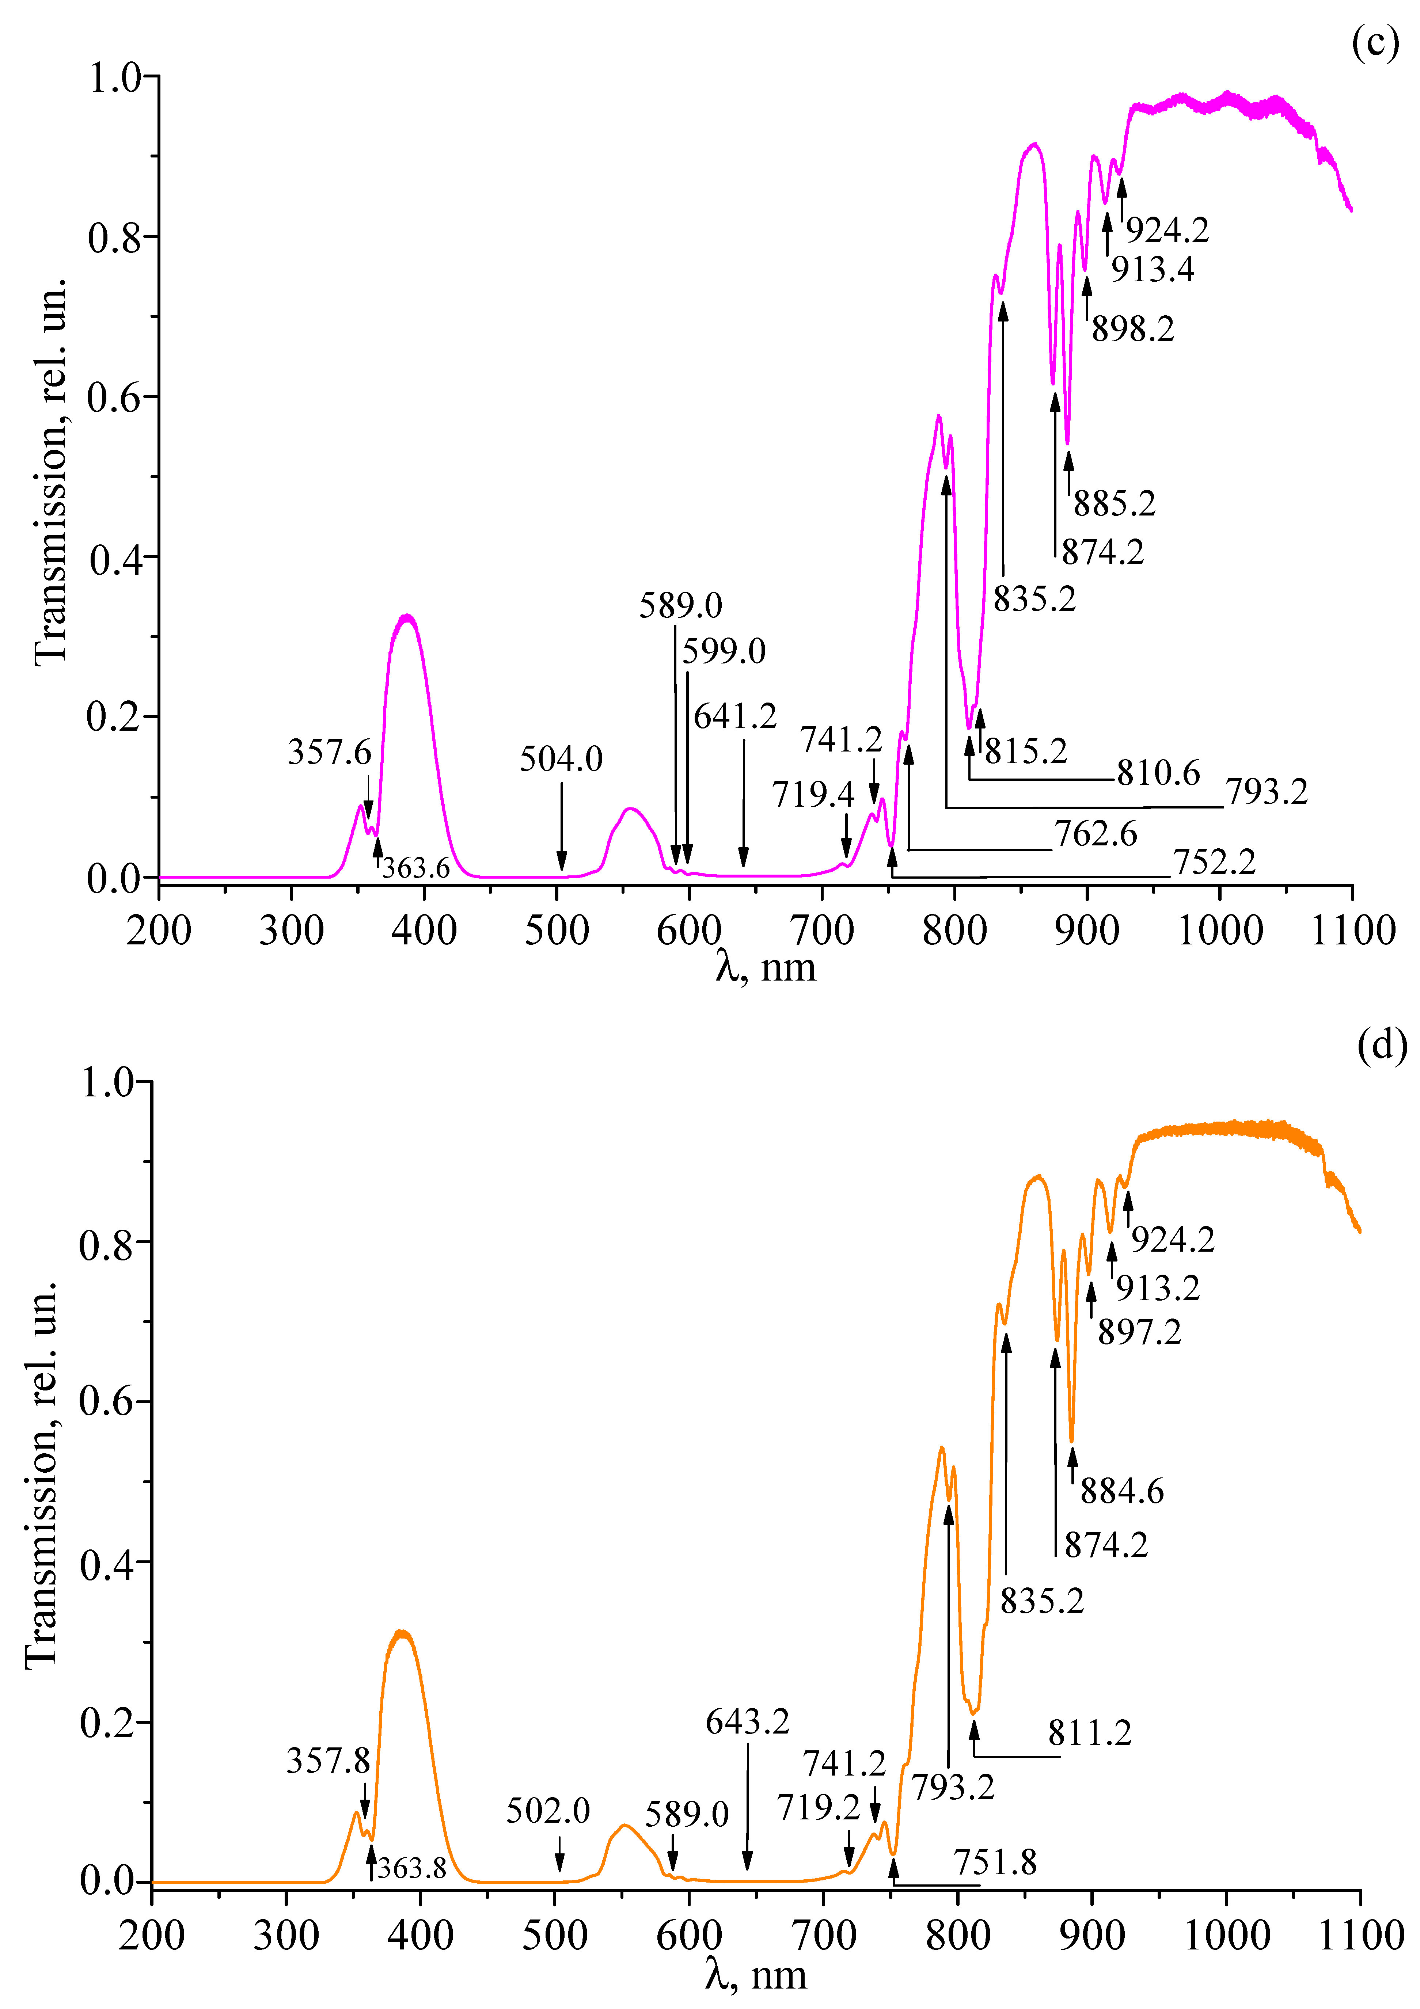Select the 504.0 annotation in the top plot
click(561, 758)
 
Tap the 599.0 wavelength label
click(724, 651)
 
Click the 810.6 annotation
click(1158, 773)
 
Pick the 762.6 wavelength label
click(1096, 834)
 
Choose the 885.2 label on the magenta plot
click(1114, 503)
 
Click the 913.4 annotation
click(1152, 270)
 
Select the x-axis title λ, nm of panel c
click(766, 967)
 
